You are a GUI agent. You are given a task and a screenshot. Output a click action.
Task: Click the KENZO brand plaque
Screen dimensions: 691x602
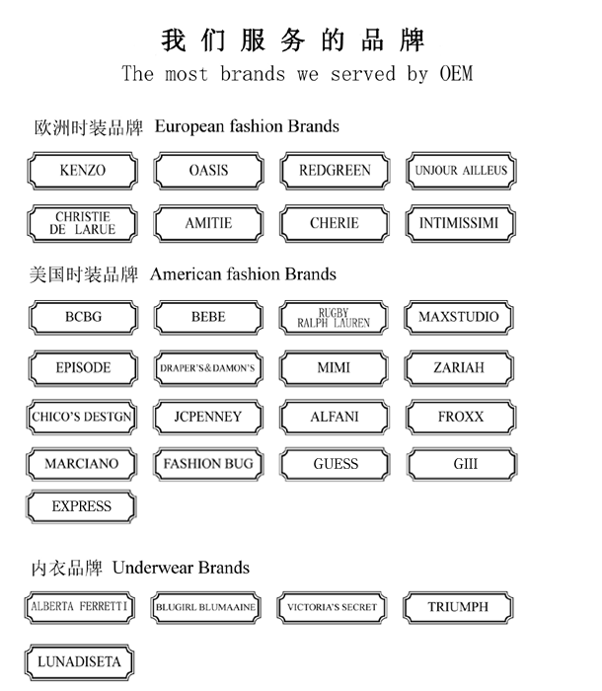[82, 171]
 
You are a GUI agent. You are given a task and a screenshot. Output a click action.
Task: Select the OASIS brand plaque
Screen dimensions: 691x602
[207, 171]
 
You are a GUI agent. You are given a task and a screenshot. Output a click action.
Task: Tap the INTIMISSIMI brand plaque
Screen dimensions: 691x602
[460, 223]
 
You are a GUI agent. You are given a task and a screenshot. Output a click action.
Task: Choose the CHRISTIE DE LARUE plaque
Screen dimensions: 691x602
[82, 223]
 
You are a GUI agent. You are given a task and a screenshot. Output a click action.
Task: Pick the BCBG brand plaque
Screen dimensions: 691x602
[82, 317]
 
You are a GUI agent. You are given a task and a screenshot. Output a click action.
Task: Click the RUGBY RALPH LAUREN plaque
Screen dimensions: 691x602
[334, 317]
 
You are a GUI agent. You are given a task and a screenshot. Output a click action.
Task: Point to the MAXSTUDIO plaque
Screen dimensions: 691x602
[460, 317]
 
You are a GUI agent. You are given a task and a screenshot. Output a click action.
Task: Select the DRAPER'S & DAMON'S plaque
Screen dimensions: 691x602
[207, 368]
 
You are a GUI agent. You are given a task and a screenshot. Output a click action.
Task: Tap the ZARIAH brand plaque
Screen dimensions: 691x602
[460, 368]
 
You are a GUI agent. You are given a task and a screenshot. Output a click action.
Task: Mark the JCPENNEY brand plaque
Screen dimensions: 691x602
[207, 417]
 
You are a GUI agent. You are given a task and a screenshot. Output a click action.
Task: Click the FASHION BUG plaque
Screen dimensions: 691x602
[207, 464]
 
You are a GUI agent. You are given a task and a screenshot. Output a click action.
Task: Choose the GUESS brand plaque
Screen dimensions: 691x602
[335, 464]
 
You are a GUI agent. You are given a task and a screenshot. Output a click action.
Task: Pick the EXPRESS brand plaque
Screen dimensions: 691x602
[82, 506]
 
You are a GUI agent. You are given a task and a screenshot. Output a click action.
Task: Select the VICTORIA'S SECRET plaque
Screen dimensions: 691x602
[333, 608]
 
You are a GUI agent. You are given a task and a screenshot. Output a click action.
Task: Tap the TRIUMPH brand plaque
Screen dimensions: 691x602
[459, 607]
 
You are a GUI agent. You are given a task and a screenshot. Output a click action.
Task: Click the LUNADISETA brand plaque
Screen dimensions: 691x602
[80, 661]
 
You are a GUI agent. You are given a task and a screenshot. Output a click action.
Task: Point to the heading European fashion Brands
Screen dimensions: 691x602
[247, 126]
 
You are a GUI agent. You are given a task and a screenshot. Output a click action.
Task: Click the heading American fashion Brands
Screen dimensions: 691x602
[243, 274]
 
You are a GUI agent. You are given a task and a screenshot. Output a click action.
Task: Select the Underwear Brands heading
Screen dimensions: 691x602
[181, 568]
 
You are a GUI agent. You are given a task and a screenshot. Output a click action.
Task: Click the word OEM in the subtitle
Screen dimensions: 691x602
[455, 74]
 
